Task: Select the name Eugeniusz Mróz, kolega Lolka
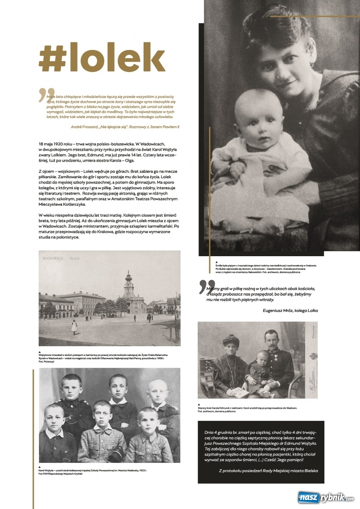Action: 290,310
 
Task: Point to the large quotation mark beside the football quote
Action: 204,287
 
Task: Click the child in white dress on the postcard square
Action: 74,326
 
